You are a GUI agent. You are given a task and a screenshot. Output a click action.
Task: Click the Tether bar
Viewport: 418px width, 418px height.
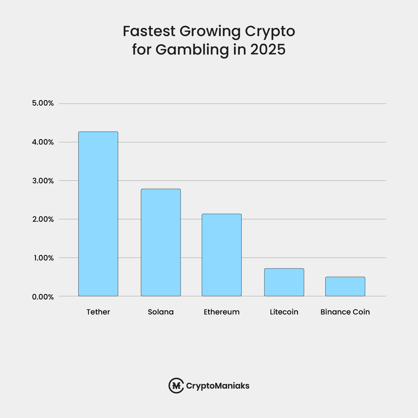98,214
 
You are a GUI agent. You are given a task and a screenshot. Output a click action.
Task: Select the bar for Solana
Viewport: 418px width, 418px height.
161,242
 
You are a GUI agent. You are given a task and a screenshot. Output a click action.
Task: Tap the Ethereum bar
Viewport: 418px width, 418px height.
222,255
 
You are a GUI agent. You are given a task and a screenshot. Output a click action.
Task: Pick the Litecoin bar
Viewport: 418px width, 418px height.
284,282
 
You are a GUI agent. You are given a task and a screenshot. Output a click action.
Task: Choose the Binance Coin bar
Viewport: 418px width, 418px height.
345,286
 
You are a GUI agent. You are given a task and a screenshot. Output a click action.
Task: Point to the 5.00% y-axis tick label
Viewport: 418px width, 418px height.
43,103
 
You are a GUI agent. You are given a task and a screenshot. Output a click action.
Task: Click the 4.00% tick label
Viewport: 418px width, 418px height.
43,142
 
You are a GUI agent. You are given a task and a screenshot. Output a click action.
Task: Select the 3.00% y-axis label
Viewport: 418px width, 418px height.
43,181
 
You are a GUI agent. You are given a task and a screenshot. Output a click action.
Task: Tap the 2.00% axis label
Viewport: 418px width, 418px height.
43,219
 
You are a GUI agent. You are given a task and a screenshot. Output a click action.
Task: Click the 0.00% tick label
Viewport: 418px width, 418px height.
43,297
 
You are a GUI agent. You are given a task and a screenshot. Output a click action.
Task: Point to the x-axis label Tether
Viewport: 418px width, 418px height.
98,312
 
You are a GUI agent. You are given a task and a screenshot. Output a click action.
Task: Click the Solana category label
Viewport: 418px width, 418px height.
161,312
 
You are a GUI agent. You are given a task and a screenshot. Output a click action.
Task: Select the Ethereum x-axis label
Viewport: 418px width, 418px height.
222,312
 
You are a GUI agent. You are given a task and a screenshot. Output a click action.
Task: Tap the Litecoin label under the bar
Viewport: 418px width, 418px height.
284,312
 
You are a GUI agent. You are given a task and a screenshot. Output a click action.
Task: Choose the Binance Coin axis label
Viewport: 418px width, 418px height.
345,312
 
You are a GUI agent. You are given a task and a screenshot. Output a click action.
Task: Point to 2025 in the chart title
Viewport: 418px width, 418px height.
268,49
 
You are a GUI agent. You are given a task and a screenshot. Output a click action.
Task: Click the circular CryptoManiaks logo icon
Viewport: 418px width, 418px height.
176,385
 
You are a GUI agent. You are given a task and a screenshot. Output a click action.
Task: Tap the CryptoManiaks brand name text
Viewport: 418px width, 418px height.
218,386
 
